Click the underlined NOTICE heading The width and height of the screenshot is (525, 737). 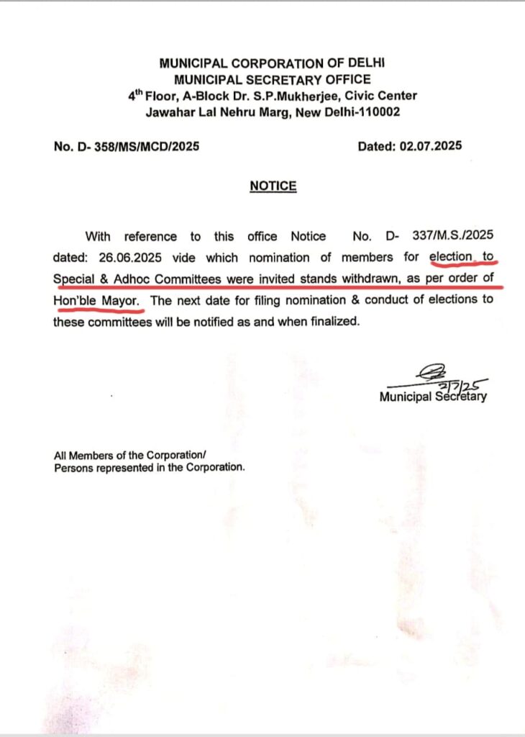(273, 186)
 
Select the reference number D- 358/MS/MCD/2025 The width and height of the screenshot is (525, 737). (127, 146)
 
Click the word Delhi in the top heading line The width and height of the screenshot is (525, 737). (368, 63)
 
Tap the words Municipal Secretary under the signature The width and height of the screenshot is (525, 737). (432, 396)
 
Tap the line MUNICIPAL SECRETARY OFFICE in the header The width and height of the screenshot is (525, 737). (273, 79)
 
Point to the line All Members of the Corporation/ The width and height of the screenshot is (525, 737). (130, 455)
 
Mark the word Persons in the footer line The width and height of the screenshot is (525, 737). (74, 467)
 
